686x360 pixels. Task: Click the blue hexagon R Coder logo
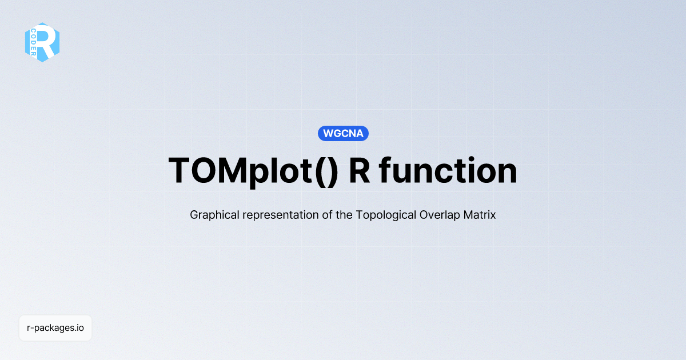tap(42, 42)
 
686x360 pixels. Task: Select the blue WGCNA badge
tap(343, 134)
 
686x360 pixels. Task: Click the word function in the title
tap(449, 170)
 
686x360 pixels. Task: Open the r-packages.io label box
tap(55, 329)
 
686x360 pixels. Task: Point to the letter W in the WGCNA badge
tap(328, 134)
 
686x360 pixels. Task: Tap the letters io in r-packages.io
tap(81, 329)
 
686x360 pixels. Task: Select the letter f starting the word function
tap(386, 170)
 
